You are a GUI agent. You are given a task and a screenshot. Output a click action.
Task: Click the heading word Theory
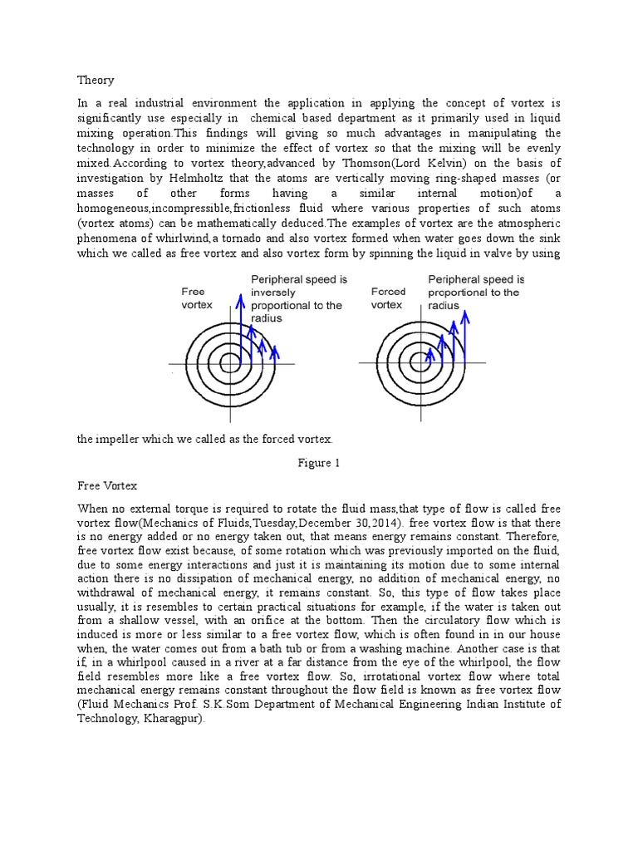96,81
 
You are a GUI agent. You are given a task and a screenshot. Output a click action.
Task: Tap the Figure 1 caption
319,463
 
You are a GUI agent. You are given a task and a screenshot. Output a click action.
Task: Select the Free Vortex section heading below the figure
107,485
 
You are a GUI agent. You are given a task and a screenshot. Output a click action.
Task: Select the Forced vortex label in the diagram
388,298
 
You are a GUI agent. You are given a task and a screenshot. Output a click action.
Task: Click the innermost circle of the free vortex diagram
231,364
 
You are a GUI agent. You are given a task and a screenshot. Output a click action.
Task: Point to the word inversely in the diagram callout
273,293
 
